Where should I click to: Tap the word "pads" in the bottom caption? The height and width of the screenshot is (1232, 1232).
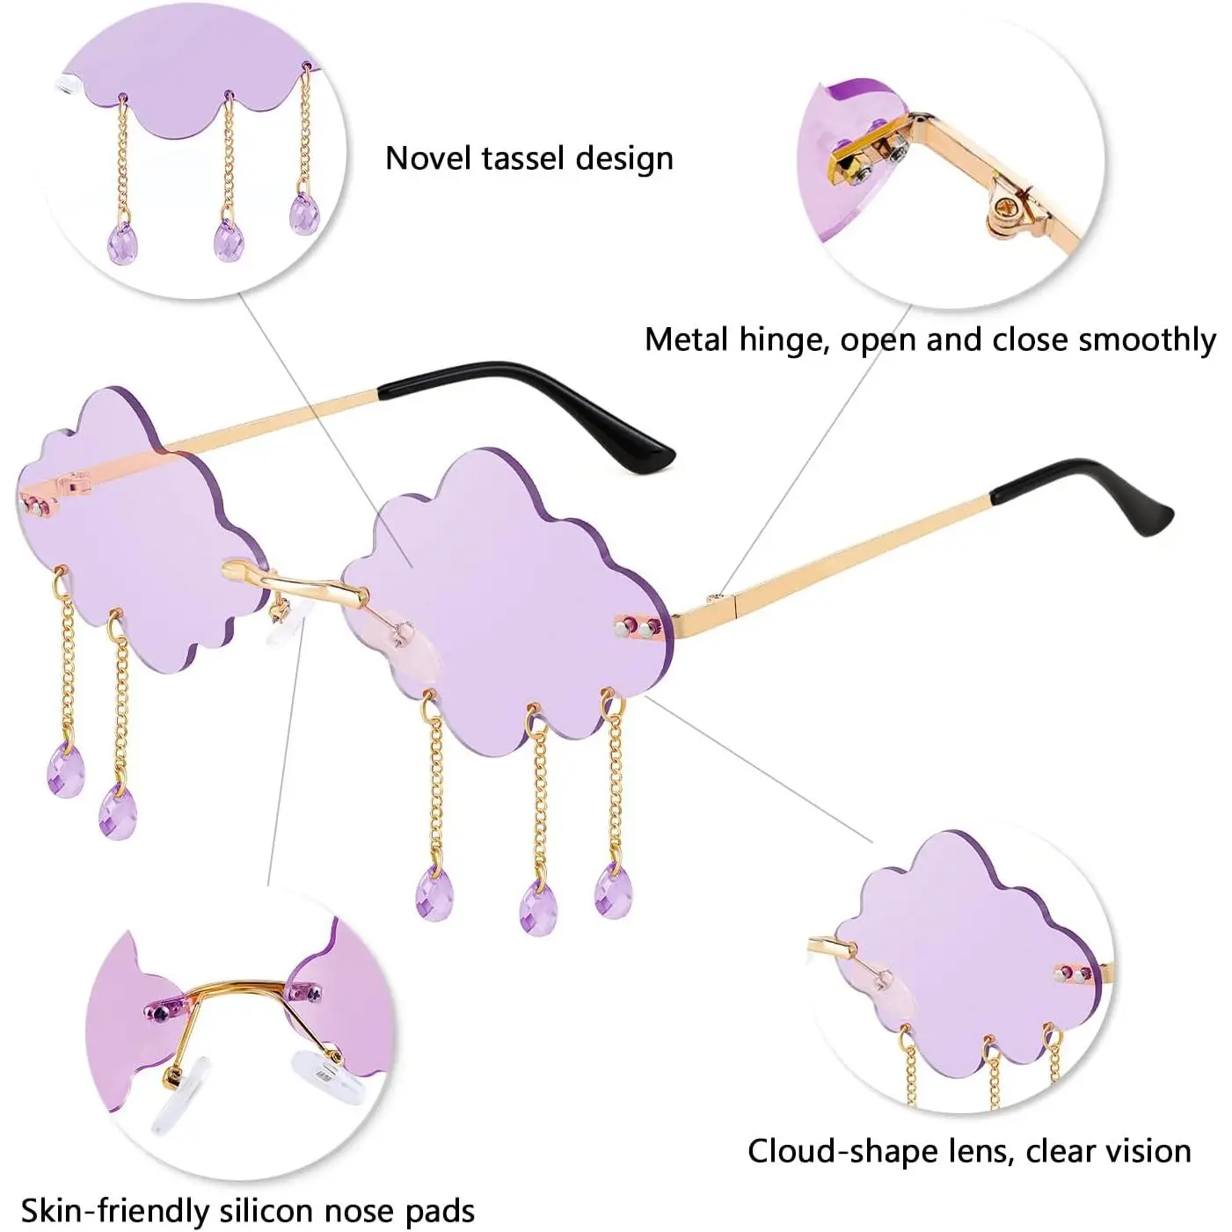point(440,1211)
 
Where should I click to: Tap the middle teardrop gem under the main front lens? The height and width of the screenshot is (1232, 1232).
point(538,906)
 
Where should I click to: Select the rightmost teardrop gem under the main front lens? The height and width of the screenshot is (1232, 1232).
point(613,890)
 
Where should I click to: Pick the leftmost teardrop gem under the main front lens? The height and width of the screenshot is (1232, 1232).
point(434,891)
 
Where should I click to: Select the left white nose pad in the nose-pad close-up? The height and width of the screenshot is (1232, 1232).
point(180,1095)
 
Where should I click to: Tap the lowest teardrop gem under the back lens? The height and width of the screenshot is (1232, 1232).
point(119,811)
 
